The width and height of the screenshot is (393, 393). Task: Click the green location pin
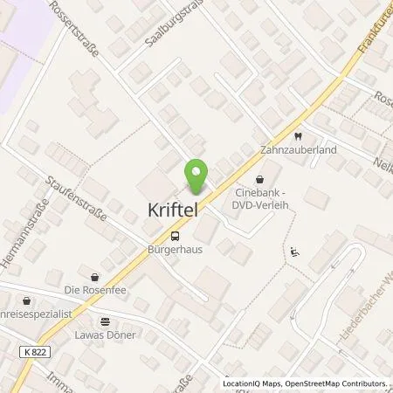pyautogui.click(x=197, y=176)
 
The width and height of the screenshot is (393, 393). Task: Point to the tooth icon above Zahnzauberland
pyautogui.click(x=297, y=136)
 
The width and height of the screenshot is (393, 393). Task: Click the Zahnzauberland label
pyautogui.click(x=298, y=150)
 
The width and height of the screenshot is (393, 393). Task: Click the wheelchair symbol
pyautogui.click(x=294, y=252)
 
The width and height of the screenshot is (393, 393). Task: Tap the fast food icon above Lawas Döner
pyautogui.click(x=106, y=321)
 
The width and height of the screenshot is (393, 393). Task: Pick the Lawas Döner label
pyautogui.click(x=106, y=334)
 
